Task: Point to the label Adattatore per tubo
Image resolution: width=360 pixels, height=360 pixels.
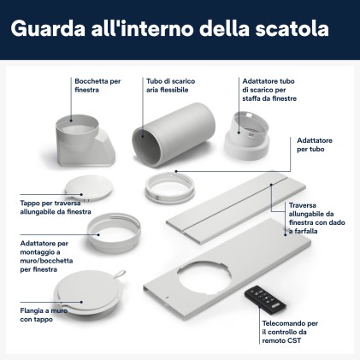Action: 316,145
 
